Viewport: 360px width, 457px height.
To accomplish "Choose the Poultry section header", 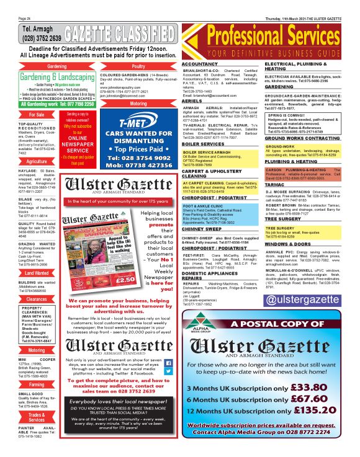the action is point(138,66).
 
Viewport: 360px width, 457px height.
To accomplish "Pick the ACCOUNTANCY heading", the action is point(200,64).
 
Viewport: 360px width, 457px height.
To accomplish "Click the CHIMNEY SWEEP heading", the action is point(201,229).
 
